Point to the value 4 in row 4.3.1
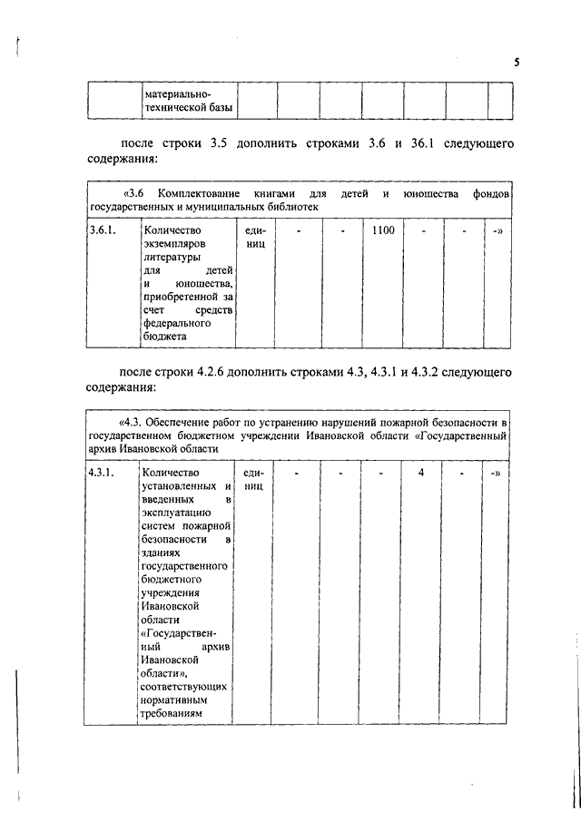click(421, 473)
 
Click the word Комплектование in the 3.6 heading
click(198, 194)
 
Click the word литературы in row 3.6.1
click(172, 258)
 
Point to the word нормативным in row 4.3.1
click(176, 699)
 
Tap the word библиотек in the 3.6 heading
click(293, 207)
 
